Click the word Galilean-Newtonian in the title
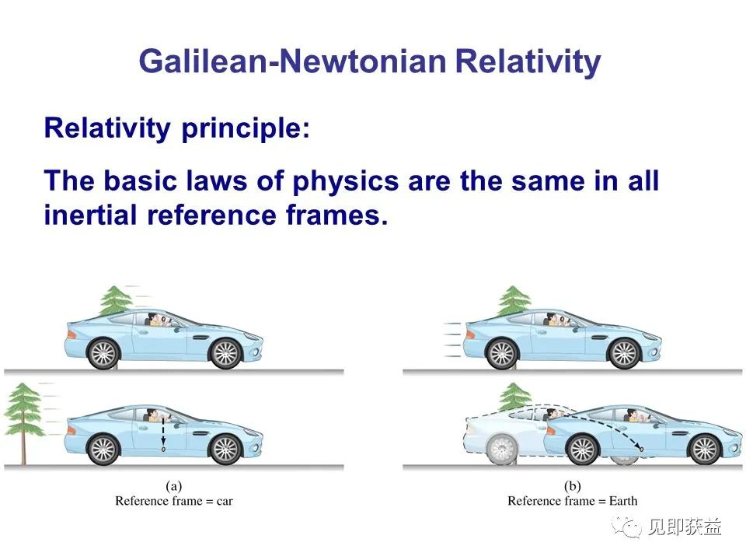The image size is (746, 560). tap(293, 61)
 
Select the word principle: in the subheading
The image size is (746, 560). tap(246, 129)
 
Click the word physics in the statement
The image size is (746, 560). tap(345, 182)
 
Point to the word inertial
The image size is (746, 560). tap(90, 215)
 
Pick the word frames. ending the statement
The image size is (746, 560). tap(336, 215)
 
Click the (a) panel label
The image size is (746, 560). tap(173, 486)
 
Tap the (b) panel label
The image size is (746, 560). tap(573, 486)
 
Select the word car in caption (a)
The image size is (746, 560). tap(225, 502)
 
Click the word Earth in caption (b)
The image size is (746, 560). tap(622, 501)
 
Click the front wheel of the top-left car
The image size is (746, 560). tap(225, 354)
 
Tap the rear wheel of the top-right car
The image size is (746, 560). tap(501, 354)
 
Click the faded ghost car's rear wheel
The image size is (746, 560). tap(501, 449)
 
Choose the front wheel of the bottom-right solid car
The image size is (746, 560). tap(705, 449)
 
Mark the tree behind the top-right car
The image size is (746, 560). tap(514, 302)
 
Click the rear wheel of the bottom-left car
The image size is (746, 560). tap(103, 449)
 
